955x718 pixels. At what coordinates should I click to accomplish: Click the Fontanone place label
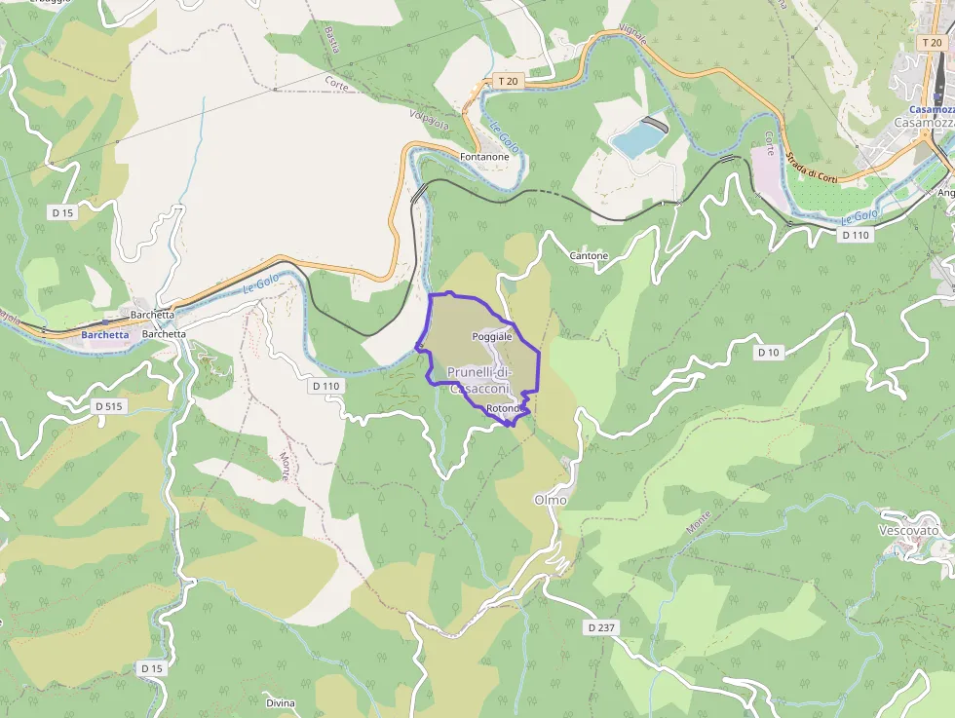484,157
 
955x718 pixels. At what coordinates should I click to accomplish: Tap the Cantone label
589,256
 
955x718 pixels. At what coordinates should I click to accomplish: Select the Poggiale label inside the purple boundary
491,336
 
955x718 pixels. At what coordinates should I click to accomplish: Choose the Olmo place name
550,500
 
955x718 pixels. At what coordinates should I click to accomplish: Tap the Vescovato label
908,530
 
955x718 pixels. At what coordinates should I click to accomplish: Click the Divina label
280,702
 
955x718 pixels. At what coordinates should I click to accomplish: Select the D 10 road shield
768,353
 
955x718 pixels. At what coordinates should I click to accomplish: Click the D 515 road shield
108,404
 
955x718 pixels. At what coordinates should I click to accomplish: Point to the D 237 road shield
601,628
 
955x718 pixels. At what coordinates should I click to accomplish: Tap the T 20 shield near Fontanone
507,81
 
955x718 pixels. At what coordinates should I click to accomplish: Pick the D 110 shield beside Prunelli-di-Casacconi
326,386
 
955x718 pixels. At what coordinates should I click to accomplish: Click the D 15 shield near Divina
150,668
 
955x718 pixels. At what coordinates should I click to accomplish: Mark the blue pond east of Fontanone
637,141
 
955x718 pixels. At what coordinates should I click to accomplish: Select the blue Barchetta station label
105,335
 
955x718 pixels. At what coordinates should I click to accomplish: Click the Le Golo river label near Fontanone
505,138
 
